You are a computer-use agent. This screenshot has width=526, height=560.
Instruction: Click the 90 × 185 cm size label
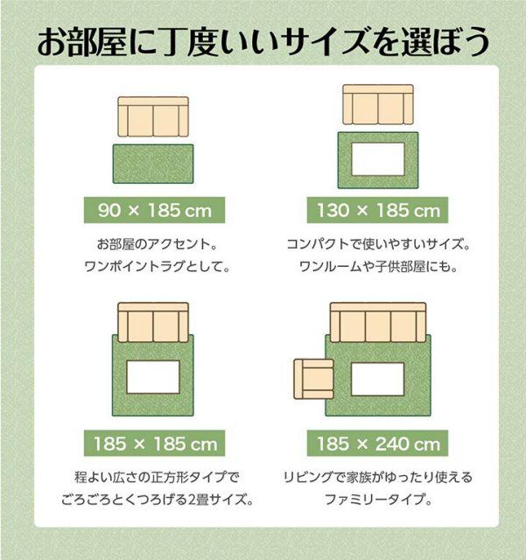[x=154, y=210]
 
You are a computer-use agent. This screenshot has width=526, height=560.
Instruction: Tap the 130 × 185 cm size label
[x=377, y=210]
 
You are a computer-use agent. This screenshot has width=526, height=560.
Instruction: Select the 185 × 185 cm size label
[x=154, y=444]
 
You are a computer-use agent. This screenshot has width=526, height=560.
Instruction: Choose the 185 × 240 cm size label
[x=377, y=444]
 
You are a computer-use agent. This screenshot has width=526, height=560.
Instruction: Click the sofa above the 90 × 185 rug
[x=153, y=116]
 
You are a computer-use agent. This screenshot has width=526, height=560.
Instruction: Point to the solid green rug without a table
[x=153, y=164]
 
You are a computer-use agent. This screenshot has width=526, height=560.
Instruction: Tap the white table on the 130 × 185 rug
[x=378, y=159]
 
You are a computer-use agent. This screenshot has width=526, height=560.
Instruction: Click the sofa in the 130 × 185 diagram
[x=378, y=105]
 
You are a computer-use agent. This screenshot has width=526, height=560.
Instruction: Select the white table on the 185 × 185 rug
[x=153, y=377]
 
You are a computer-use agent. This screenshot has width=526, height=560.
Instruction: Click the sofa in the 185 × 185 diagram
[x=153, y=323]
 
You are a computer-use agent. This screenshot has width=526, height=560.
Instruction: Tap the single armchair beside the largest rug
[x=313, y=379]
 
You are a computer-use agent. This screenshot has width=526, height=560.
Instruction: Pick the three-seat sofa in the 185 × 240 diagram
[x=378, y=323]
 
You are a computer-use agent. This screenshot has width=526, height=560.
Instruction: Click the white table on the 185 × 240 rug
[x=378, y=379]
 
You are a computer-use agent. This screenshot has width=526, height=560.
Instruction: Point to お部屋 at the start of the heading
[x=81, y=42]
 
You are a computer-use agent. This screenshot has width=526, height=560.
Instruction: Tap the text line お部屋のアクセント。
[x=158, y=244]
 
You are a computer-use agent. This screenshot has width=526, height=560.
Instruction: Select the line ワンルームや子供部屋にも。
[x=378, y=266]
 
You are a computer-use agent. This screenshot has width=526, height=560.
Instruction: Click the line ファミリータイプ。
[x=378, y=499]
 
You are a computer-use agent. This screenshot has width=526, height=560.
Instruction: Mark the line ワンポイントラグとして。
[x=158, y=266]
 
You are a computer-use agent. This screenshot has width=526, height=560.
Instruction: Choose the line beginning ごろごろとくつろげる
[x=158, y=499]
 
